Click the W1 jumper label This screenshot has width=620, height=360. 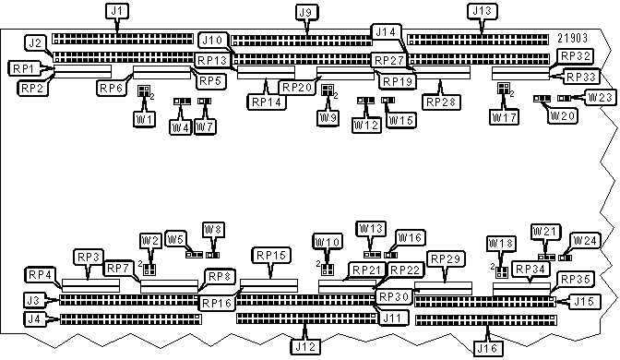coord(144,118)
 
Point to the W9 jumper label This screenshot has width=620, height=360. coord(328,118)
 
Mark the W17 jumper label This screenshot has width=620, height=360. coord(504,118)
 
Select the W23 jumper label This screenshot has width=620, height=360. coord(599,97)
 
